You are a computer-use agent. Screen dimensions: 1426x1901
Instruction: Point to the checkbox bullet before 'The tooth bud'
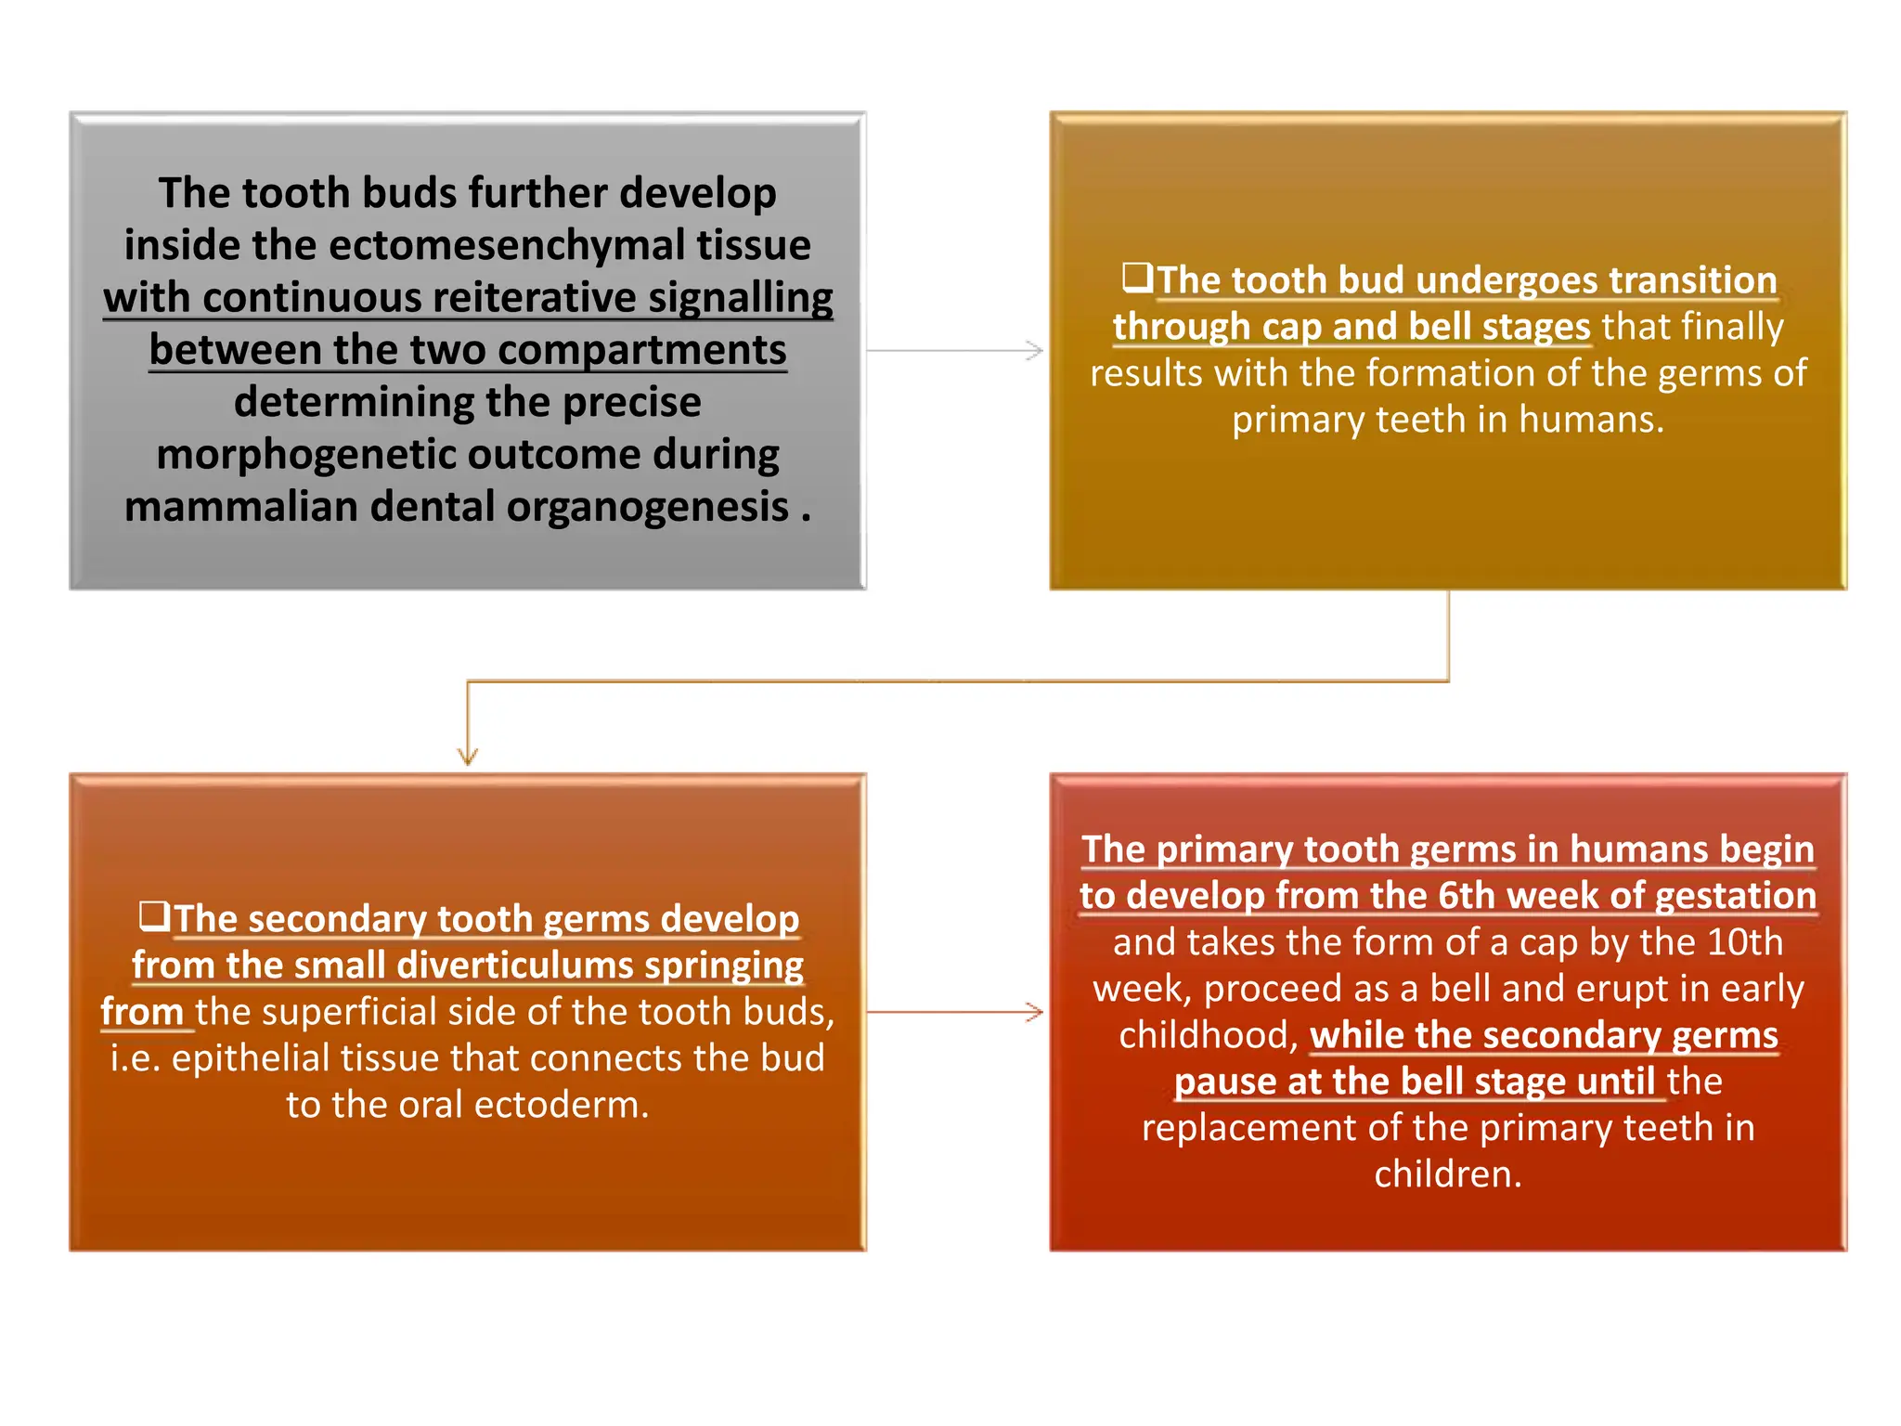pos(1137,277)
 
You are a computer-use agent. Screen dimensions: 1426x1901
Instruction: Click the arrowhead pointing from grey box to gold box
pos(1035,351)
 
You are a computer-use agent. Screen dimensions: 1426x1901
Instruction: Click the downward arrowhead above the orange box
pos(468,757)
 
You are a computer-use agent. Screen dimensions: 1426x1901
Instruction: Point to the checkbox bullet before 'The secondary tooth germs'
pos(155,915)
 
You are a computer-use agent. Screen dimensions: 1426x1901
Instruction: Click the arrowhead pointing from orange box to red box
pos(1035,1012)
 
